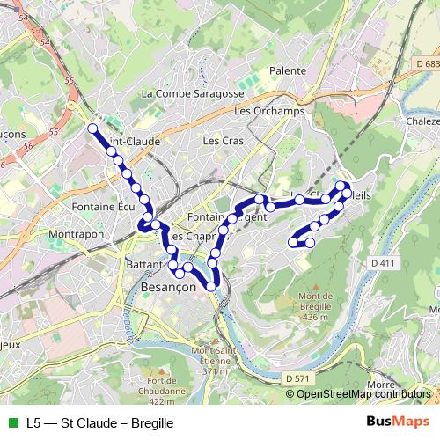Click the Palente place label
pyautogui.click(x=289, y=70)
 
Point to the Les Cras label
pyautogui.click(x=222, y=140)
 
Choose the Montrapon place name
pyautogui.click(x=78, y=235)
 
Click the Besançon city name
pyautogui.click(x=173, y=289)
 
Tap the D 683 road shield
pyautogui.click(x=425, y=63)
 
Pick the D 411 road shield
pyautogui.click(x=384, y=262)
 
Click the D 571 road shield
pyautogui.click(x=298, y=378)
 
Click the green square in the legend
pyautogui.click(x=11, y=422)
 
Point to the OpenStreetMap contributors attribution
pyautogui.click(x=363, y=394)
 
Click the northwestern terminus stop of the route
pyautogui.click(x=92, y=128)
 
